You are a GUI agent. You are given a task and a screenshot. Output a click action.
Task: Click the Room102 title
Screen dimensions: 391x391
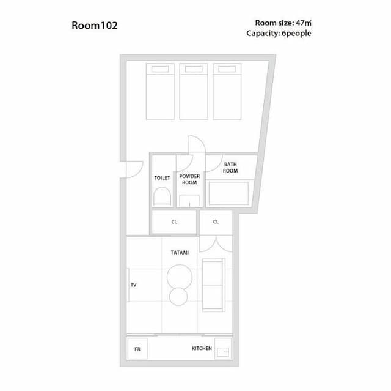coord(95,26)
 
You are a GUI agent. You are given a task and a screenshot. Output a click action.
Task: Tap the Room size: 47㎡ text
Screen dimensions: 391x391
coord(283,23)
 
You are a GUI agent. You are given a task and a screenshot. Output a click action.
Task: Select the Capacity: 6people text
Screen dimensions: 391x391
coord(279,33)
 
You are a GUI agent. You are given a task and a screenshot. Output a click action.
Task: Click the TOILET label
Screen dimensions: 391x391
coord(162,178)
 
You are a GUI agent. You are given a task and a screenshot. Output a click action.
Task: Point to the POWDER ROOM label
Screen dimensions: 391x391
coord(189,179)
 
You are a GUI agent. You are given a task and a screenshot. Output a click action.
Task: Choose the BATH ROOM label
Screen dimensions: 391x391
coord(230,167)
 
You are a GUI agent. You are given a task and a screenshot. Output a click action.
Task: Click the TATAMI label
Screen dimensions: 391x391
coord(180,252)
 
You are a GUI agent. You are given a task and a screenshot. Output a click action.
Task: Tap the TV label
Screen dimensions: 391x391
coord(133,285)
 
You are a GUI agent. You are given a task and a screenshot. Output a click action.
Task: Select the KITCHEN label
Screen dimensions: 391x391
coord(202,349)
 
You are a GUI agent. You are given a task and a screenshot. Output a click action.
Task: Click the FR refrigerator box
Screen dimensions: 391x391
coord(137,349)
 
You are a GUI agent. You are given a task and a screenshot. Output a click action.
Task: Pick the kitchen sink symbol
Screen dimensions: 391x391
coord(223,351)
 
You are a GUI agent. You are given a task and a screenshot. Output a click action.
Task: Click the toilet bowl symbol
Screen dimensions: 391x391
coord(162,197)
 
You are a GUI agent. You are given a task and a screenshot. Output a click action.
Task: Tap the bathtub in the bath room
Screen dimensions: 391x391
coord(228,193)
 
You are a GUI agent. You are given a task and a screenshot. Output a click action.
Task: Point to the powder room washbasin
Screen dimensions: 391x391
coord(189,199)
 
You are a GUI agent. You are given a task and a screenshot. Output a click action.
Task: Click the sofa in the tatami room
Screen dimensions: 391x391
coord(213,285)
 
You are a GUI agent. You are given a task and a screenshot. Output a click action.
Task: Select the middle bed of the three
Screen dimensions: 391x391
coord(194,91)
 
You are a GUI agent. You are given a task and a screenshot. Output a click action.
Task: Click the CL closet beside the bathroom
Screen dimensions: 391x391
coord(216,222)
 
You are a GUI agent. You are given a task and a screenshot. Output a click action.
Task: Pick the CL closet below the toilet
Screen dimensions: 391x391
coord(174,222)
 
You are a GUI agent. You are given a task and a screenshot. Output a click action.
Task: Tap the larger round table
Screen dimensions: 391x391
coord(179,276)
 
